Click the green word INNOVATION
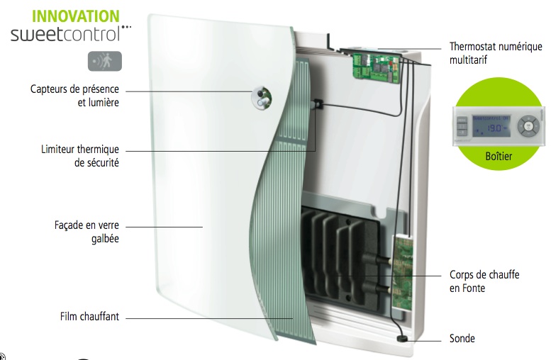click(x=66, y=16)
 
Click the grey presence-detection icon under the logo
click(x=104, y=60)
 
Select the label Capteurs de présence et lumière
click(x=74, y=96)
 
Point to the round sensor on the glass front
click(x=262, y=97)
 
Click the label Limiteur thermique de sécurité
click(x=80, y=156)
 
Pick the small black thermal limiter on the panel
click(x=318, y=104)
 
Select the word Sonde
click(x=462, y=339)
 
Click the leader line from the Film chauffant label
click(x=206, y=317)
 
